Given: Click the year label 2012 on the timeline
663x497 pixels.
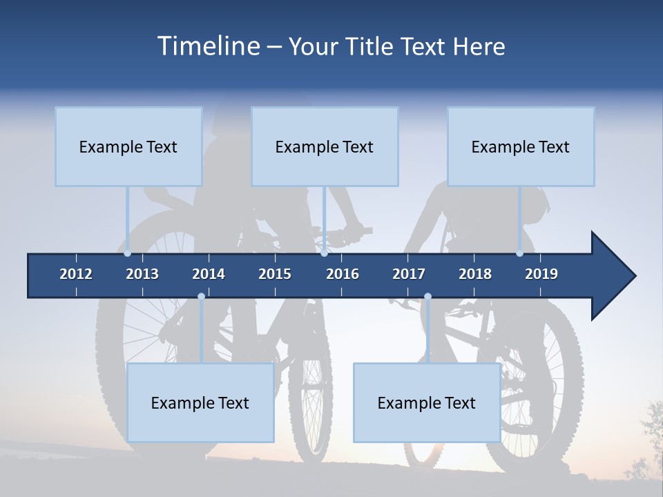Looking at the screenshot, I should point(76,274).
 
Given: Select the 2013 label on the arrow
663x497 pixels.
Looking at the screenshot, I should point(142,274).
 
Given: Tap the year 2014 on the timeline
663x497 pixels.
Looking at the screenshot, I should point(209,274).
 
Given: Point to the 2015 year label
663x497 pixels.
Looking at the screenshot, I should point(275,274).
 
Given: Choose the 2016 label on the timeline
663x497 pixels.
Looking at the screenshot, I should point(343,274).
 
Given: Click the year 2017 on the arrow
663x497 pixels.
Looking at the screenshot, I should point(409,274).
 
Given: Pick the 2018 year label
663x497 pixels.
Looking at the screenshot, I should point(475,274).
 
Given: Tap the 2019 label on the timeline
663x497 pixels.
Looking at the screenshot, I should point(541,274).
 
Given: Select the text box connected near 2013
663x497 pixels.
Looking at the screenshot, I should point(128,146).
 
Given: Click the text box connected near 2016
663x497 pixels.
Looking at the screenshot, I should point(325,146).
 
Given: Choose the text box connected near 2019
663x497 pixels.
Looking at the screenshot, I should point(521,146).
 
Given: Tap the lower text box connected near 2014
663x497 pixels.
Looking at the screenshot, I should point(200,402).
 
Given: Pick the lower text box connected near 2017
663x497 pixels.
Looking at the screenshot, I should point(427,402).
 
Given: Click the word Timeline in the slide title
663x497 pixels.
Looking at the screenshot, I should point(209,46).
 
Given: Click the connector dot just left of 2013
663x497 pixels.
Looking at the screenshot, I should point(128,253).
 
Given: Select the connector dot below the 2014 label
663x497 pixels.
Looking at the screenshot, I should point(201,297).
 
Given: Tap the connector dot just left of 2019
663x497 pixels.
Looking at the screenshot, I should point(520,253).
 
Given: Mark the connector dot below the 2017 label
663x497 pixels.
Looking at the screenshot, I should point(427,297).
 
